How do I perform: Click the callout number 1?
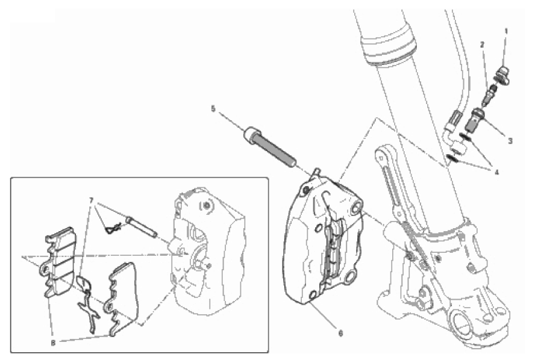506,31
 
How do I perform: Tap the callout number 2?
483,45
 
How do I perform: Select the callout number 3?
510,141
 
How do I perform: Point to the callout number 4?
497,173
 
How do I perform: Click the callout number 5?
213,109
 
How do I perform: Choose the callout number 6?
340,333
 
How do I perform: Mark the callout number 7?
91,200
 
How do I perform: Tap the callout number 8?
53,343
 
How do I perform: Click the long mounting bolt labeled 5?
269,147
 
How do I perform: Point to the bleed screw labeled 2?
490,94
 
